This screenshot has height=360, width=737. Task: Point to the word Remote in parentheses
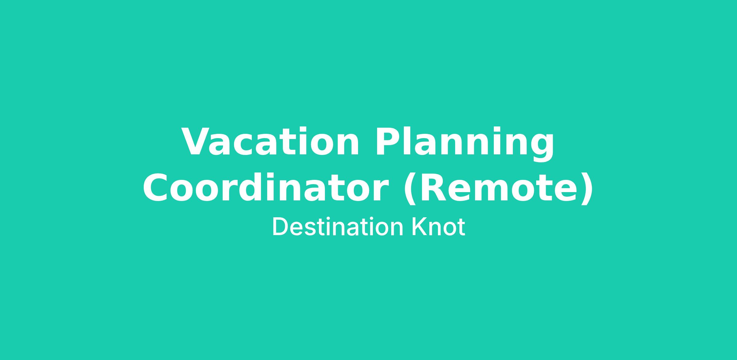click(499, 187)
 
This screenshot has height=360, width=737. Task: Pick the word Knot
click(438, 227)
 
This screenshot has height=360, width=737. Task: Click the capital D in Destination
click(281, 227)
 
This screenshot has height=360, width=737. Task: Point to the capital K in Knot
click(419, 227)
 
